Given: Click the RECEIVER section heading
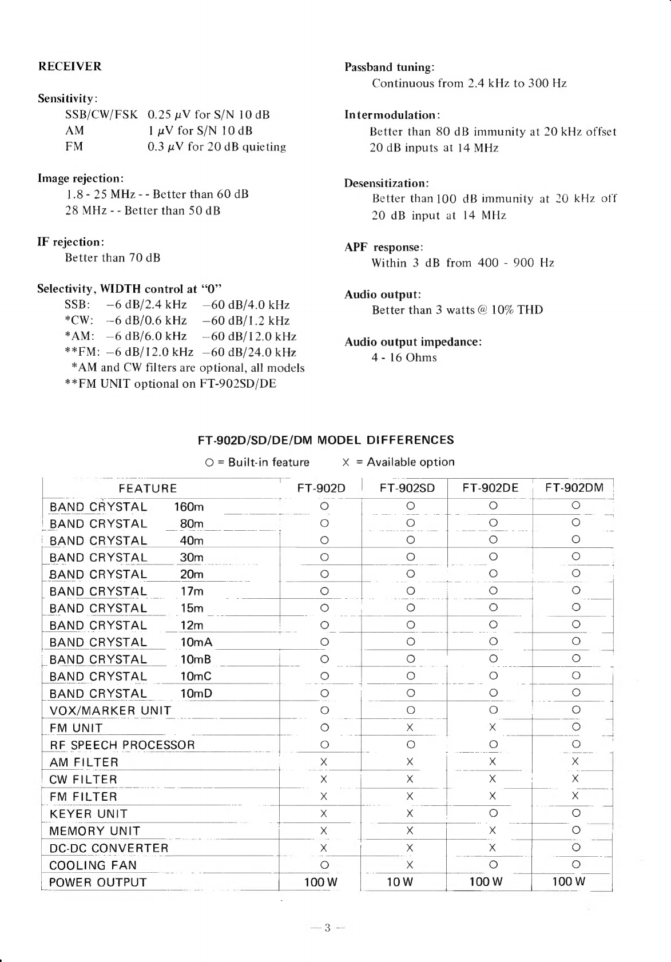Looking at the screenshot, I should point(70,66).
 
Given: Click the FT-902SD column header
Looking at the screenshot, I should point(407,488).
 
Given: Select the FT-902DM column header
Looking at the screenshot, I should point(574,488).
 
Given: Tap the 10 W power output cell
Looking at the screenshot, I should point(400,882).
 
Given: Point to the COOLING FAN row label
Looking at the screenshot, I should point(93,865).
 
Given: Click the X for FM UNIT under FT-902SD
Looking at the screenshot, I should point(410,728).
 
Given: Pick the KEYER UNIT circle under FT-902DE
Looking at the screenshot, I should point(493,813).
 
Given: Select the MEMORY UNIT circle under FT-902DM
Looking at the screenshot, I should point(576,830).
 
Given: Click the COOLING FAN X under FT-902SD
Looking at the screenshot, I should point(410,865).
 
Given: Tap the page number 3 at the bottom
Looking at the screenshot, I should point(327,928).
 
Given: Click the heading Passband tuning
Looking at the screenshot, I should point(390,67).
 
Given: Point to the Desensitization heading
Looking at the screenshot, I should point(387,184).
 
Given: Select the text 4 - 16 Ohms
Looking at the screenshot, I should point(404,358).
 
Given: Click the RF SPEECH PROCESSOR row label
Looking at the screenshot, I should point(122,745).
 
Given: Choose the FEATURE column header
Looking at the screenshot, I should point(148,488).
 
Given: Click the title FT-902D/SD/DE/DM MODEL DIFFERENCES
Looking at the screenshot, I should point(325,440).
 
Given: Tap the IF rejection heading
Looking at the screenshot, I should point(70,242).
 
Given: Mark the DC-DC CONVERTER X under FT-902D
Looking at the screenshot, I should point(324,848).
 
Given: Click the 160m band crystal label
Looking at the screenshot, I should point(189,507).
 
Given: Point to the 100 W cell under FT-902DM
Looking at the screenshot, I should point(569,881).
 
